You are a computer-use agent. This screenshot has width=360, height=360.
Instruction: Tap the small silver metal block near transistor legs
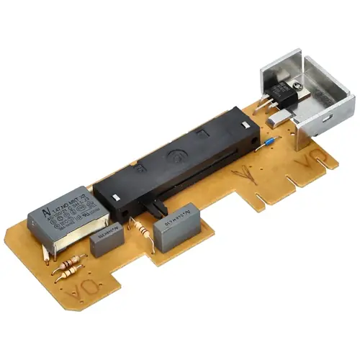point(274,121)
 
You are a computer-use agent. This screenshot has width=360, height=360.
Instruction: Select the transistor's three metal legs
point(269,108)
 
